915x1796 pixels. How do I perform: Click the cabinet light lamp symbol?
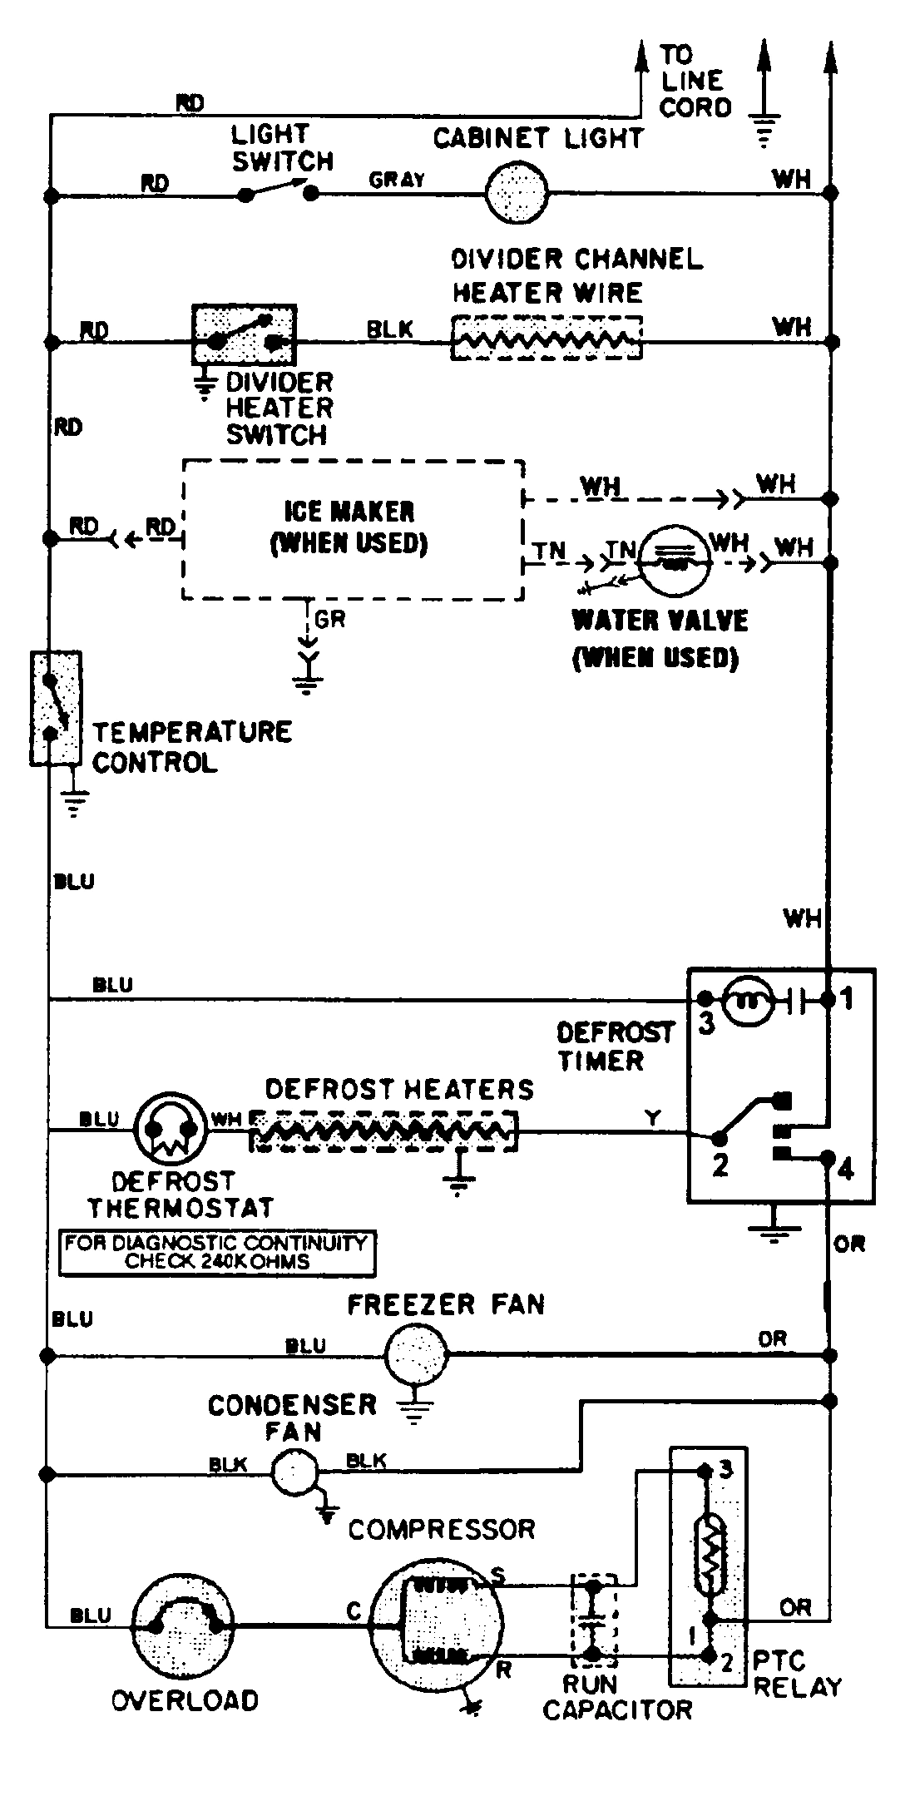(x=517, y=193)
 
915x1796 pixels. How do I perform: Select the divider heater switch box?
(x=245, y=334)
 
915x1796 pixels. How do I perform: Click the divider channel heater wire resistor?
(x=547, y=339)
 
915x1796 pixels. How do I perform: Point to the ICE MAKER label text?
(x=349, y=511)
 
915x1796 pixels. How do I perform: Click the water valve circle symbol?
(x=675, y=560)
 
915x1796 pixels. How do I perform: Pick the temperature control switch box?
(x=55, y=707)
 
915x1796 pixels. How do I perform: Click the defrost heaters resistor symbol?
(x=383, y=1131)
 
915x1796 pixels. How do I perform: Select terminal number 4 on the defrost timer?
(x=846, y=1169)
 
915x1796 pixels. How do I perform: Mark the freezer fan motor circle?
(x=416, y=1356)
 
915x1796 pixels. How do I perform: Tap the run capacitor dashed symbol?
(x=592, y=1618)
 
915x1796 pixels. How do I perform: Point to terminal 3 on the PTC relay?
(x=725, y=1469)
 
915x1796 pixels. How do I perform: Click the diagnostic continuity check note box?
(x=217, y=1252)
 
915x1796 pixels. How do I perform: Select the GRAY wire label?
(x=397, y=179)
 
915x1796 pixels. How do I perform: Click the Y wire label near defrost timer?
(x=653, y=1119)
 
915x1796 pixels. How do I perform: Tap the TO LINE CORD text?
(x=695, y=82)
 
